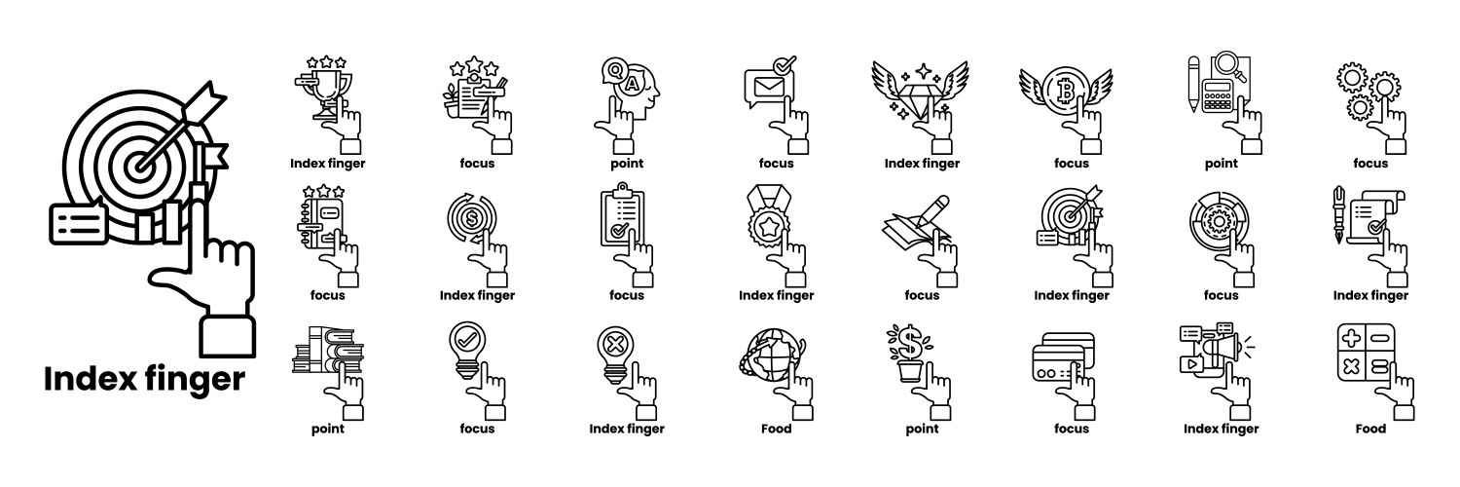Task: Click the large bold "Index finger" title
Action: pos(144,380)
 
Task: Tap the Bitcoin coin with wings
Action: pos(1066,94)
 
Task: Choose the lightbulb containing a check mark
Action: pos(467,350)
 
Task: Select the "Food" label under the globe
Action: pos(777,429)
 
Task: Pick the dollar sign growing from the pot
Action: pos(909,342)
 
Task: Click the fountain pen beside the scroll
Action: pos(1339,215)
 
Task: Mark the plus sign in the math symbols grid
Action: pos(1352,338)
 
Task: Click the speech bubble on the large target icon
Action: pos(78,224)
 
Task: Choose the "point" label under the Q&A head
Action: pos(627,165)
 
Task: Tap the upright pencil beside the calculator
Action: pos(1194,84)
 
